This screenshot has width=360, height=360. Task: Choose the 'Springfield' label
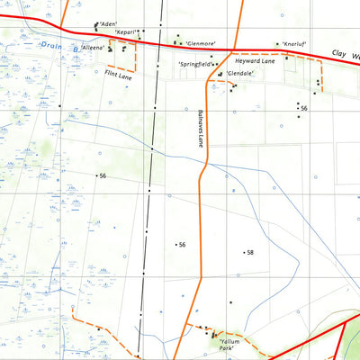(195, 65)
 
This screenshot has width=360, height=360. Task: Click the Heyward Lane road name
(254, 61)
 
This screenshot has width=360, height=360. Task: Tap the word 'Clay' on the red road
(337, 55)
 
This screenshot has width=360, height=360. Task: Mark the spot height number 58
(250, 253)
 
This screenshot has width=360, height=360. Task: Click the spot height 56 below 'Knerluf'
(304, 109)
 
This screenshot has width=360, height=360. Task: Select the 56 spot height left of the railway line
(103, 175)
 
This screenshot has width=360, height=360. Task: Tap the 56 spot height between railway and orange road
(182, 245)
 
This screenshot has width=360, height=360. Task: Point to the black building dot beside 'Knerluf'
(277, 43)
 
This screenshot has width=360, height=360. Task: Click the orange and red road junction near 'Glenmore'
(237, 48)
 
